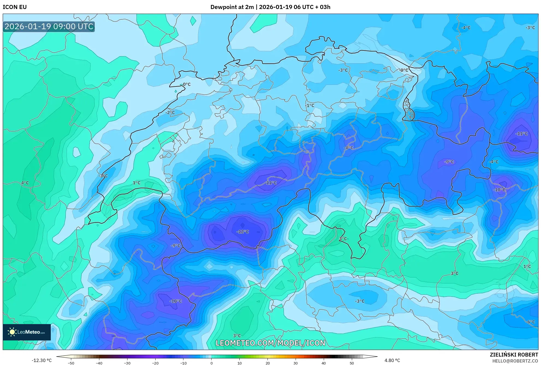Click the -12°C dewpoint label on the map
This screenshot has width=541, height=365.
243,232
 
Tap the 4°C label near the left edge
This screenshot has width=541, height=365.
25,183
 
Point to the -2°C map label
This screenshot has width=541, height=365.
170,112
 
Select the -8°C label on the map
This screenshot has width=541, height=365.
349,148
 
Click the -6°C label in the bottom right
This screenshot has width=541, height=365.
530,322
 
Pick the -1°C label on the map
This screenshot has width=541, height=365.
310,105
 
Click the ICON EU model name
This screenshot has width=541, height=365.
15,7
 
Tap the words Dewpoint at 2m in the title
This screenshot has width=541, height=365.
232,7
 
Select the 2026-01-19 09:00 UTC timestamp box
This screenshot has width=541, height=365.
49,26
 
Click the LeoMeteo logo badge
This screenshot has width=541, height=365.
27,332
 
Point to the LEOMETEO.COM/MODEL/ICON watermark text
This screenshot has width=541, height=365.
270,343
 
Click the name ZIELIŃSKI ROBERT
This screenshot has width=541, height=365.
514,355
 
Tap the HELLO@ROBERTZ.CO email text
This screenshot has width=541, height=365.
515,361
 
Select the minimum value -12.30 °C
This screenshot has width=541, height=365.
41,360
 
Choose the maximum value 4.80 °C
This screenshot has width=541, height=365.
392,360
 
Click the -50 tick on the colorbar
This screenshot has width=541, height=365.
71,363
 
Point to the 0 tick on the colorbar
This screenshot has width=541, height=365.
211,363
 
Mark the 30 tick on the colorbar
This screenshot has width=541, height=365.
296,363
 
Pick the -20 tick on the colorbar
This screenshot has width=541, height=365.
155,363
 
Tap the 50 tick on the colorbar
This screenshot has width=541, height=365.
352,363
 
